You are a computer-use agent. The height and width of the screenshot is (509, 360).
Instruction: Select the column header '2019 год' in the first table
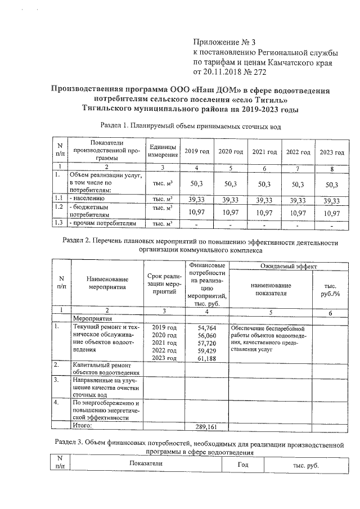197,152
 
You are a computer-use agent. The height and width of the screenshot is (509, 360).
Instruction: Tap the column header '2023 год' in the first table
331,152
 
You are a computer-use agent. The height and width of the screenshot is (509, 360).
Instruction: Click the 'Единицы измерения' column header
162,151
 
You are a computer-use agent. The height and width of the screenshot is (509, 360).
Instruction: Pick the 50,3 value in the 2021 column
264,183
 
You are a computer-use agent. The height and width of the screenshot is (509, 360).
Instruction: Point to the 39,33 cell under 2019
197,200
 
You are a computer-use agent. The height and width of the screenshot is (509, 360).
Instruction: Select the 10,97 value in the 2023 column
331,212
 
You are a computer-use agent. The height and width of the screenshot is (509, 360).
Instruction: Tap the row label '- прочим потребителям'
102,224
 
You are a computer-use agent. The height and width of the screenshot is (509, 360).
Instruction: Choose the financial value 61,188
208,358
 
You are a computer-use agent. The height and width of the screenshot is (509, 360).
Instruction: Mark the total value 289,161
208,426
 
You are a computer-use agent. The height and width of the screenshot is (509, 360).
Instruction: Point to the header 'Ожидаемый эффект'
289,265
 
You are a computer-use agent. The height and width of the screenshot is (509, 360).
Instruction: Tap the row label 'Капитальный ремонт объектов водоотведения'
106,368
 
